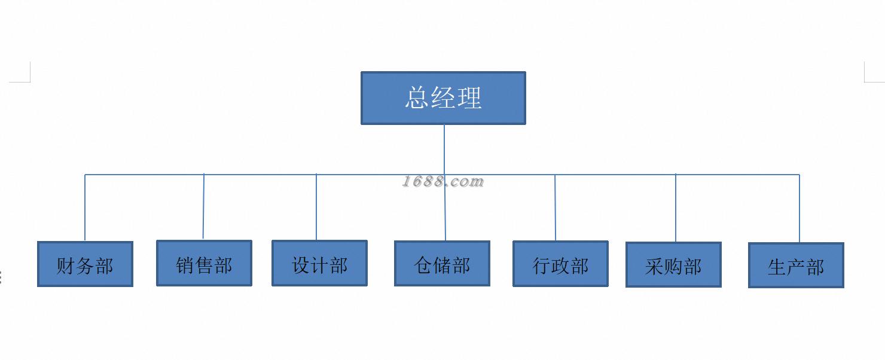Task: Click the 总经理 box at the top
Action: pyautogui.click(x=443, y=98)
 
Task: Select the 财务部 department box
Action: pyautogui.click(x=85, y=264)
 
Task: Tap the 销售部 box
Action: pyautogui.click(x=205, y=263)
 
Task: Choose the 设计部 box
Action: pyautogui.click(x=320, y=263)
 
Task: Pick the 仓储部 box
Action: pyautogui.click(x=442, y=263)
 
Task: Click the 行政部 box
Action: pyautogui.click(x=561, y=264)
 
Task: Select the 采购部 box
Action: pyautogui.click(x=674, y=264)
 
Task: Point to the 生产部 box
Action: pyautogui.click(x=796, y=265)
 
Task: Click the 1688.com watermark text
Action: pyautogui.click(x=443, y=181)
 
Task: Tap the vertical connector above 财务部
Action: pyautogui.click(x=85, y=208)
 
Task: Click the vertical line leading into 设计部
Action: pyautogui.click(x=316, y=207)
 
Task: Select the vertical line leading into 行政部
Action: pyautogui.click(x=555, y=208)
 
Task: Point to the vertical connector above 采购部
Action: pyautogui.click(x=676, y=208)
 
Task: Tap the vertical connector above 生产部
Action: pyautogui.click(x=799, y=209)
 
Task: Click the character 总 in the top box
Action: pyautogui.click(x=417, y=97)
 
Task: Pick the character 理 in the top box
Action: pyautogui.click(x=470, y=98)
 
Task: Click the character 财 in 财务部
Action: pyautogui.click(x=65, y=266)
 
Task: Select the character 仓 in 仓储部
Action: pyautogui.click(x=423, y=265)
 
